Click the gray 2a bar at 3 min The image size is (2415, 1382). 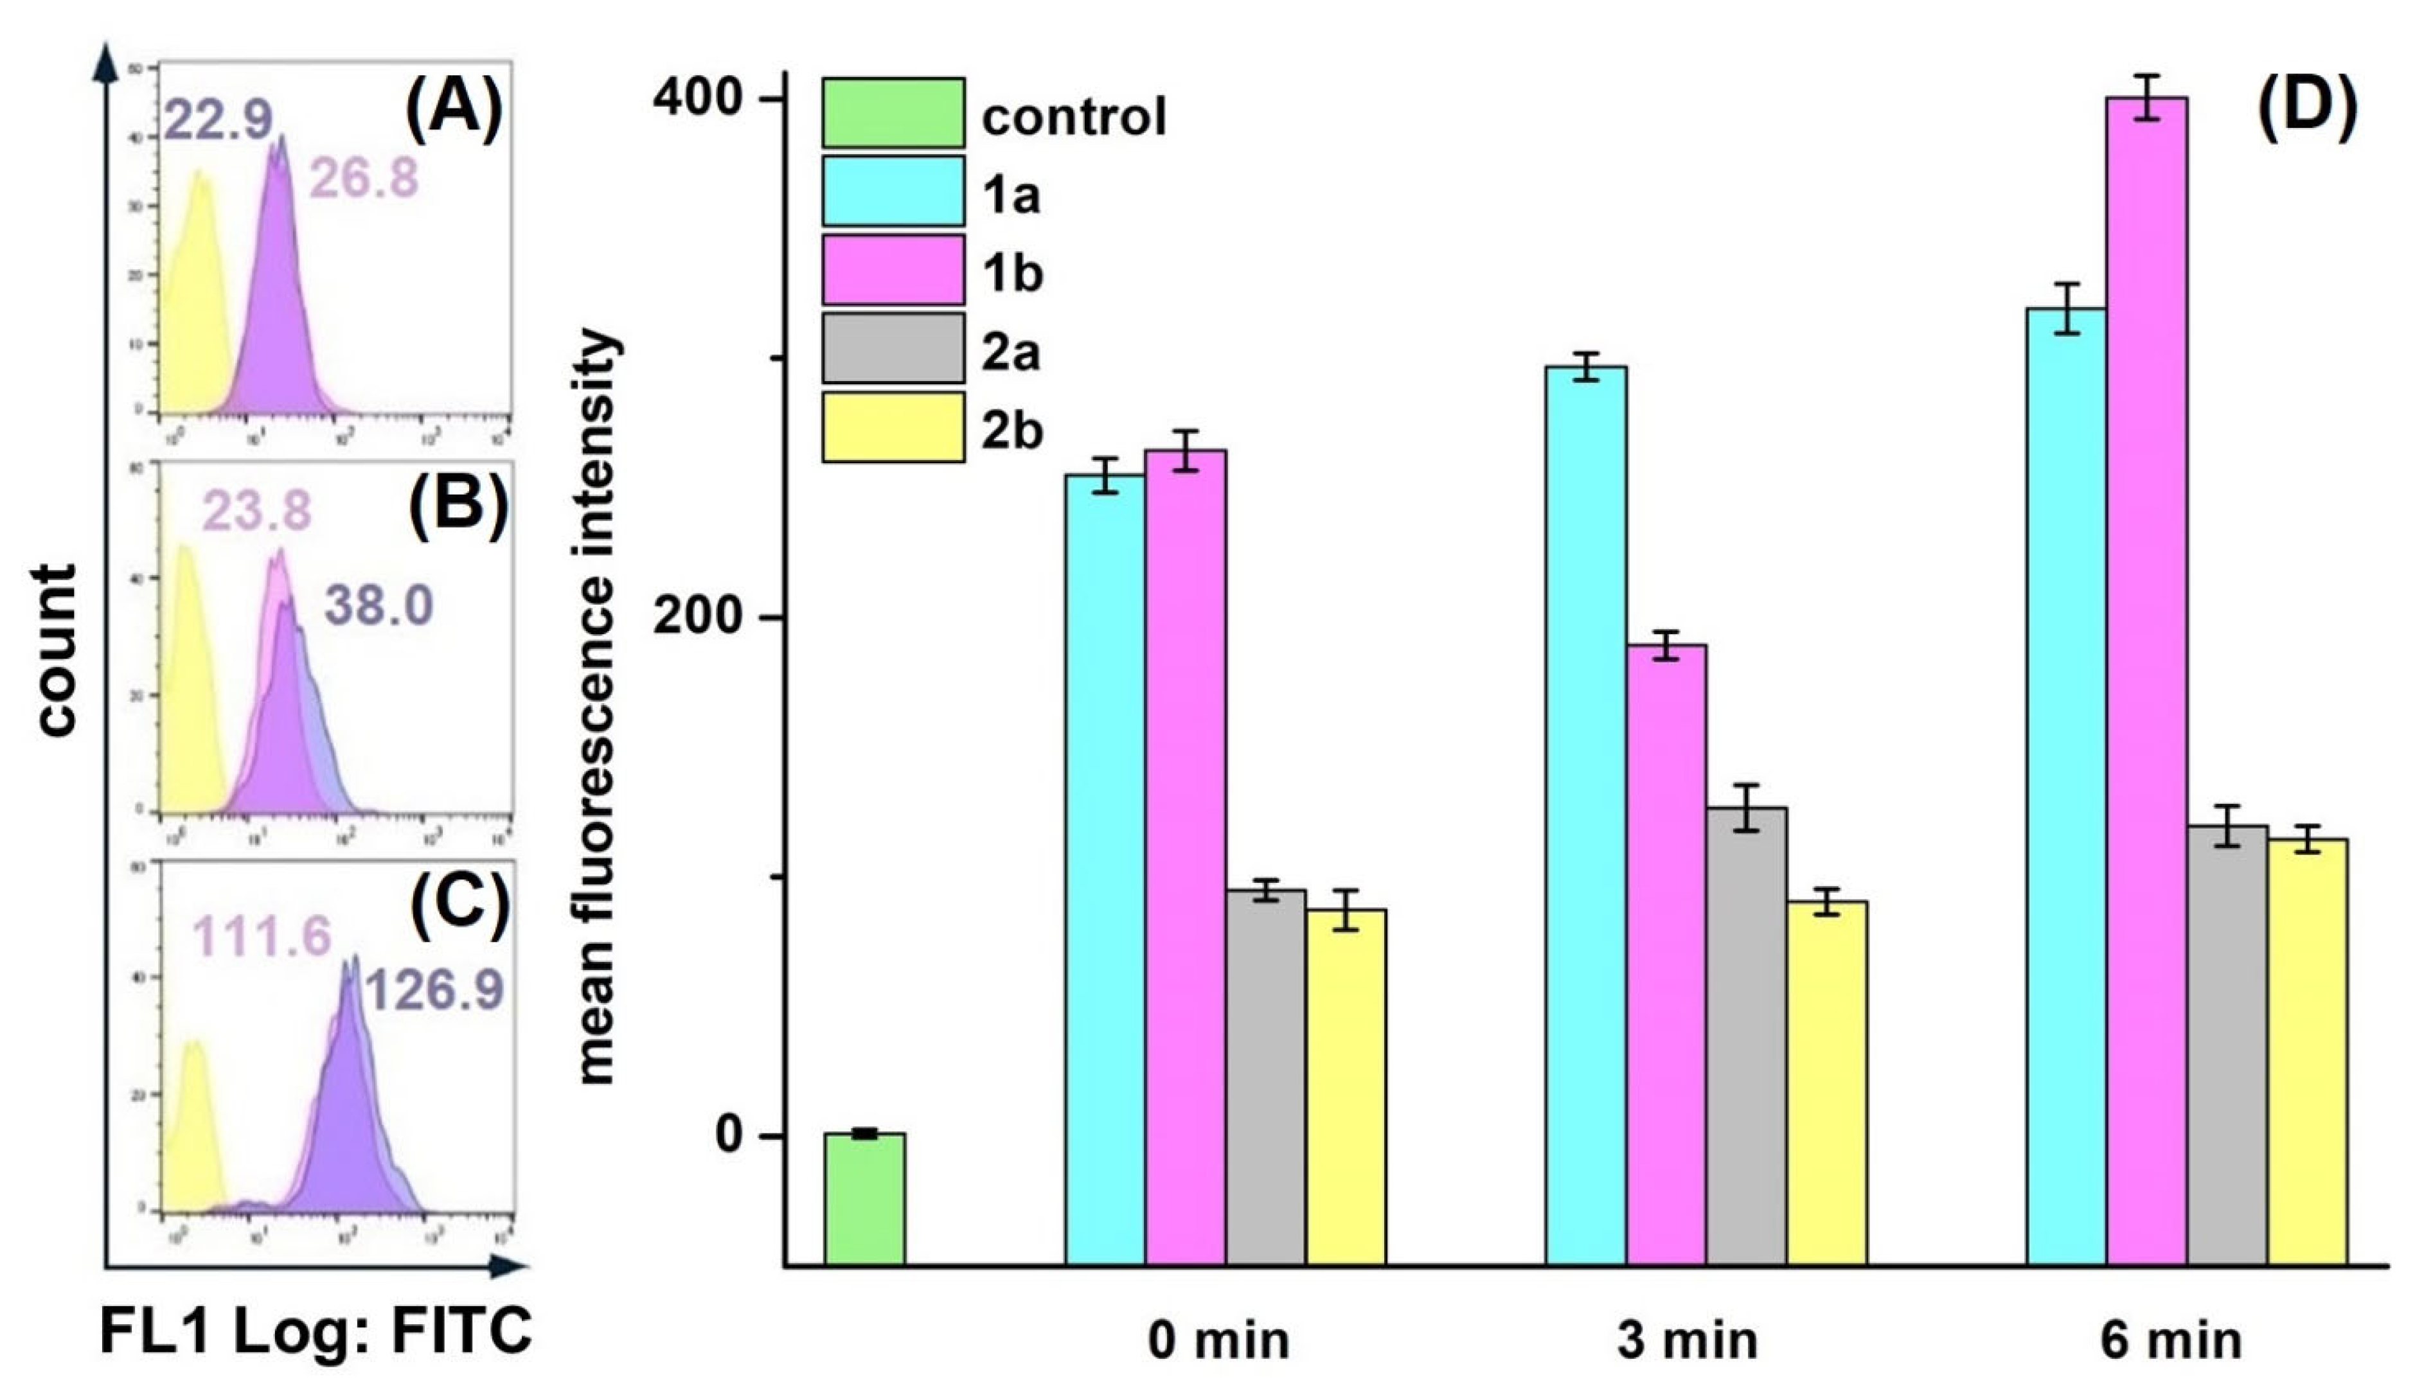click(x=1746, y=1034)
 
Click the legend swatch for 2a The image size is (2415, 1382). click(x=893, y=348)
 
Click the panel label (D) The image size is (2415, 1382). click(x=2306, y=105)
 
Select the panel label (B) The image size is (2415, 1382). click(x=458, y=502)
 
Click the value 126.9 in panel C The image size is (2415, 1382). click(x=433, y=990)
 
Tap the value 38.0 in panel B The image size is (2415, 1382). click(x=379, y=606)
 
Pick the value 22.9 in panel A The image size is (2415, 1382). click(x=219, y=120)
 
